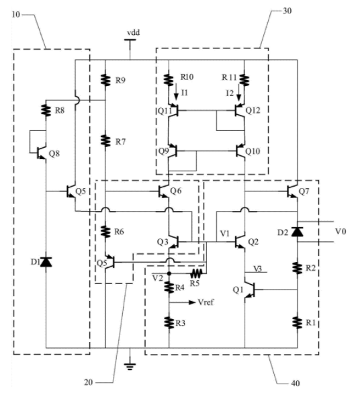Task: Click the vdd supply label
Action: pyautogui.click(x=133, y=33)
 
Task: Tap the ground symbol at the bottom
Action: pyautogui.click(x=130, y=367)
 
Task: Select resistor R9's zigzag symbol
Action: pyautogui.click(x=105, y=79)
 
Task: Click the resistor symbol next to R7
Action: pyautogui.click(x=105, y=140)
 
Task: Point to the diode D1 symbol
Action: pyautogui.click(x=46, y=262)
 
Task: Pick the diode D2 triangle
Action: pyautogui.click(x=298, y=231)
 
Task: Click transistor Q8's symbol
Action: pyautogui.click(x=40, y=152)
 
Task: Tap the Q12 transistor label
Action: pyautogui.click(x=253, y=110)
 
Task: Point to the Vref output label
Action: pyautogui.click(x=206, y=302)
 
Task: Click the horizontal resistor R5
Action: pyautogui.click(x=197, y=273)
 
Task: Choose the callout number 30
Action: pyautogui.click(x=287, y=11)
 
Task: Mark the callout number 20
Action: pyautogui.click(x=89, y=382)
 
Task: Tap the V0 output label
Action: pyautogui.click(x=341, y=231)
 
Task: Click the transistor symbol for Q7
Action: pyautogui.click(x=293, y=191)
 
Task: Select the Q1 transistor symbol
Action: pyautogui.click(x=250, y=290)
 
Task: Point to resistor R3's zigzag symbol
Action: pyautogui.click(x=169, y=322)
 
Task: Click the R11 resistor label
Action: pyautogui.click(x=230, y=77)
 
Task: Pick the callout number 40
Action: pyautogui.click(x=296, y=383)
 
